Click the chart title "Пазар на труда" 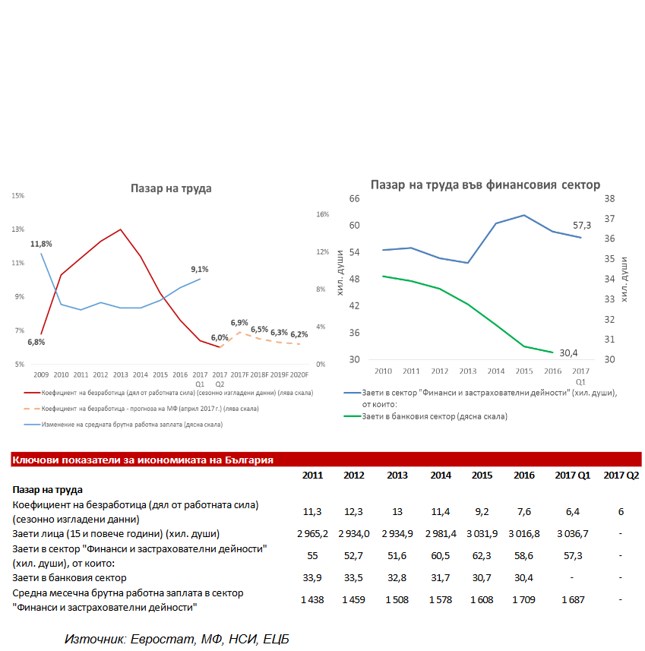[170, 188]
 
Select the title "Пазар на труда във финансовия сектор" [485, 185]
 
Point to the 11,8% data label [41, 244]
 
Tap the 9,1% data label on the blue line [200, 269]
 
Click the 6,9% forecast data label [239, 323]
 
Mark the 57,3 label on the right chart [582, 226]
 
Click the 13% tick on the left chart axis [19, 229]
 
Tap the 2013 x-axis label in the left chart [120, 374]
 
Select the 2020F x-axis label [299, 374]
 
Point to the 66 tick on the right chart [353, 198]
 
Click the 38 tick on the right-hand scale [609, 198]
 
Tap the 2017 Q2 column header [621, 476]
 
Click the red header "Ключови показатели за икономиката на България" [143, 460]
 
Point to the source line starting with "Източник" [177, 639]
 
